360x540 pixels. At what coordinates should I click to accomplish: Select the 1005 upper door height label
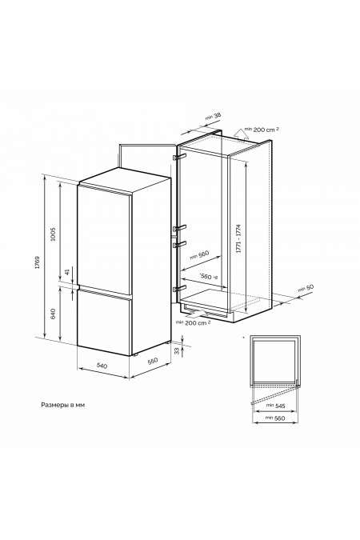[x=53, y=234]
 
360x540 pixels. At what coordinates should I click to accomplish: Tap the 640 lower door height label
[x=53, y=314]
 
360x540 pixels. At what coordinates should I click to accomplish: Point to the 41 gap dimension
[x=67, y=272]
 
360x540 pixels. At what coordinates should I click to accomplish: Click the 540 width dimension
[x=102, y=366]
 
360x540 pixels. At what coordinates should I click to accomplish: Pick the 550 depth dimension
[x=152, y=361]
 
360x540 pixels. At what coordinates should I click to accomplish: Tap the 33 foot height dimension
[x=177, y=351]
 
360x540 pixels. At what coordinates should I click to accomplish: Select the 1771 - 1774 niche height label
[x=238, y=239]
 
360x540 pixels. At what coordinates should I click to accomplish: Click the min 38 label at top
[x=213, y=117]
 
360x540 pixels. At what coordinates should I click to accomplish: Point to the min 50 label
[x=306, y=288]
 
